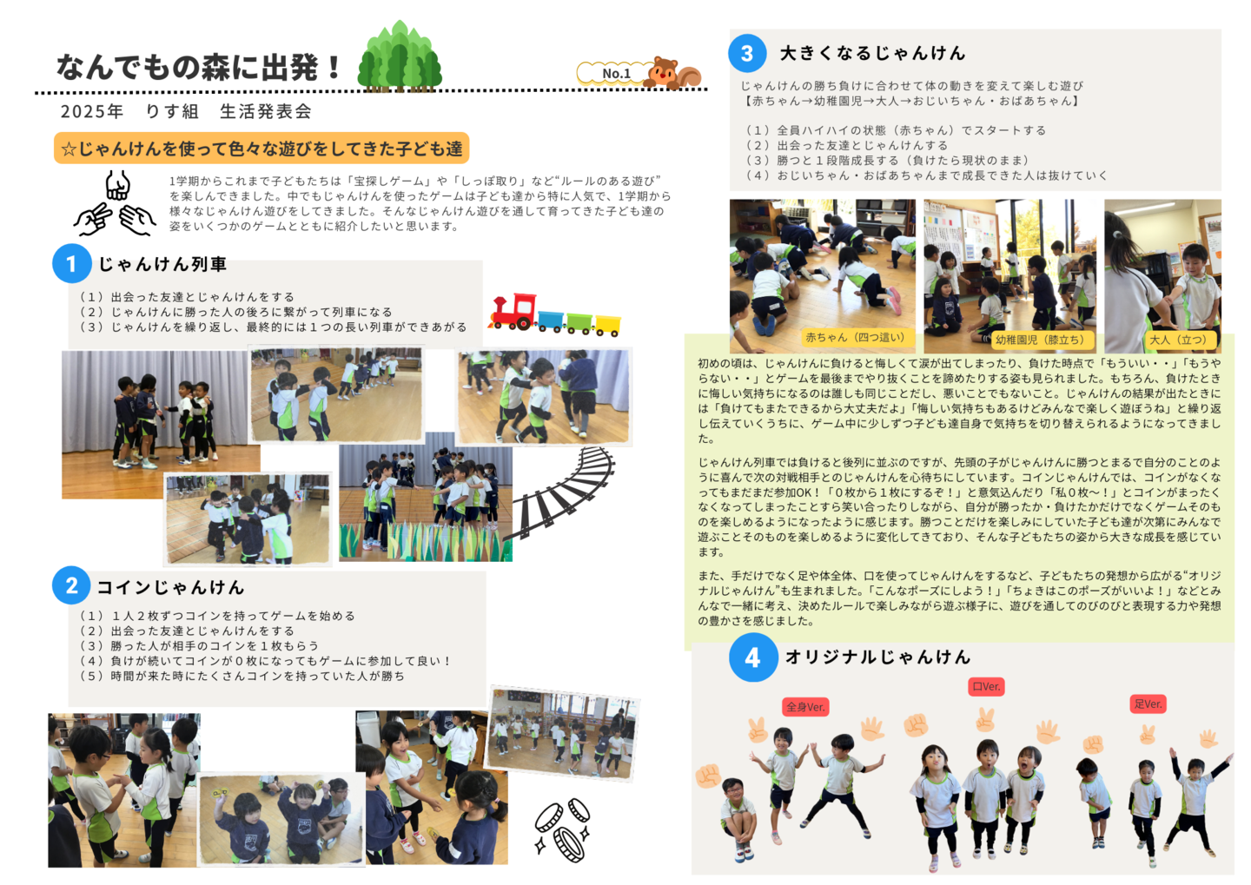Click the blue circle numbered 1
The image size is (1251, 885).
(72, 263)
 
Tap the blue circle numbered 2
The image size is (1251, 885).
(71, 585)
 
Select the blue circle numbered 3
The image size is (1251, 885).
(747, 54)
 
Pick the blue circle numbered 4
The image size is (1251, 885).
(753, 657)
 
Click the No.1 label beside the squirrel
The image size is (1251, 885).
(615, 74)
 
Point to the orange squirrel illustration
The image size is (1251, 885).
(672, 73)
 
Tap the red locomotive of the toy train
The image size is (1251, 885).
(513, 310)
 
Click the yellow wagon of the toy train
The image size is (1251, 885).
(607, 326)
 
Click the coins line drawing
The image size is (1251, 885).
(562, 829)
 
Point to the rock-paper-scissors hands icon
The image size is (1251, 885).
(115, 203)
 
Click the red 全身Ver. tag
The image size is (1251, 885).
(805, 707)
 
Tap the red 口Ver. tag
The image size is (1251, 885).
(986, 686)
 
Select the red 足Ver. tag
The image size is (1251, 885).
(1148, 704)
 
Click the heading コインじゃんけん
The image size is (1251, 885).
(171, 587)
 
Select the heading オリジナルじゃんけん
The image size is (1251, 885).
(877, 657)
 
